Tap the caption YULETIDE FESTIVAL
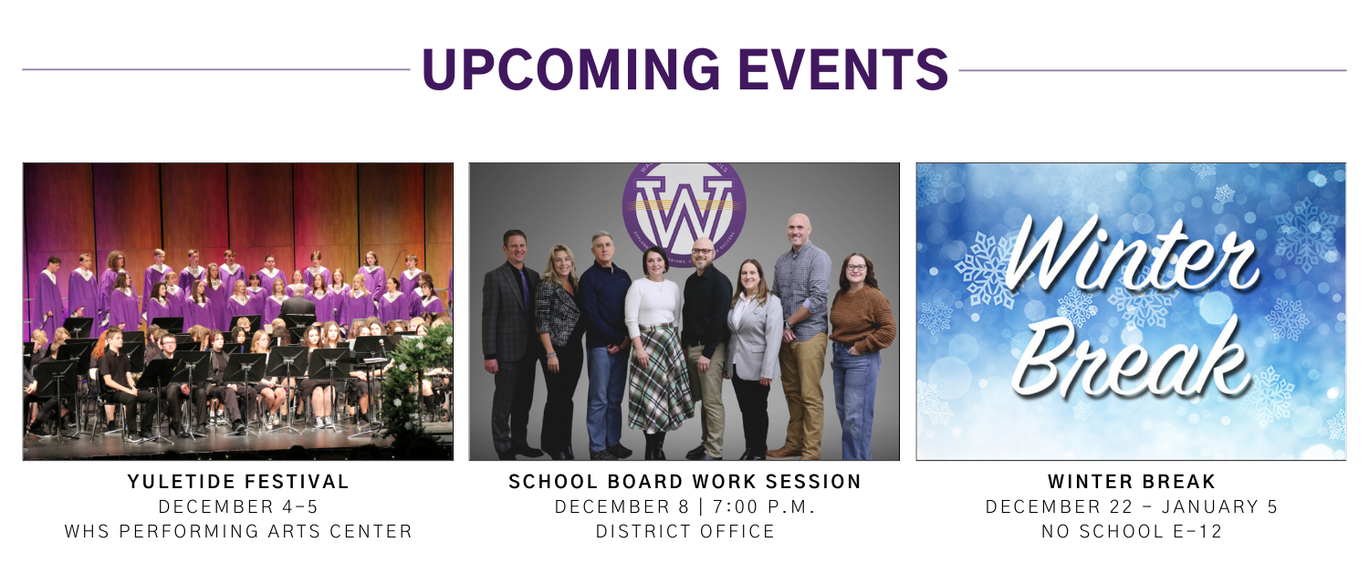(x=238, y=482)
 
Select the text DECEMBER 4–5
(x=238, y=506)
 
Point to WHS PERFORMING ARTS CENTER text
(x=238, y=531)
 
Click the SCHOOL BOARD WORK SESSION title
(x=684, y=482)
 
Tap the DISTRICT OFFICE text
(x=684, y=531)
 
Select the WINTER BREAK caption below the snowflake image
(x=1132, y=482)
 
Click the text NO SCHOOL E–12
(x=1132, y=531)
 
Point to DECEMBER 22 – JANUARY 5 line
(x=1132, y=506)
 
